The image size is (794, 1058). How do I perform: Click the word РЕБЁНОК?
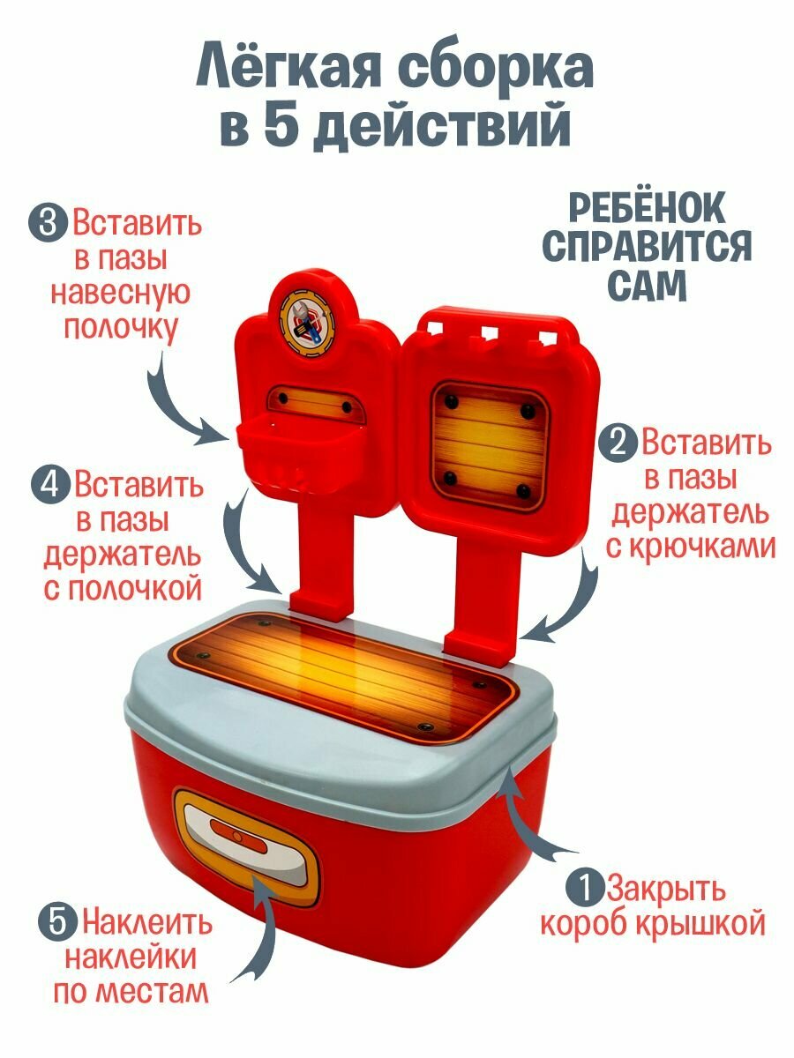coord(646,209)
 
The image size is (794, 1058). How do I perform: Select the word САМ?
coord(645,286)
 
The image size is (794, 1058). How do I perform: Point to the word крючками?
coord(691,547)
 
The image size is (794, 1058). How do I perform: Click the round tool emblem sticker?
coord(306,315)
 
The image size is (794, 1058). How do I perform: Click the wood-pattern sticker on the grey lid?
coord(344,674)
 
